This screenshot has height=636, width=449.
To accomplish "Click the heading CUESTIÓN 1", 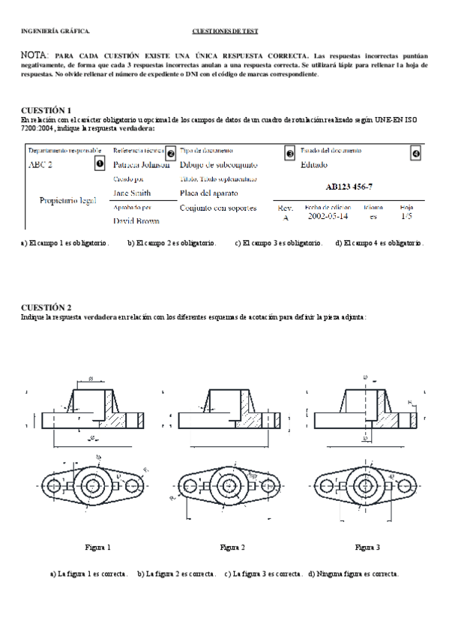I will point(46,109).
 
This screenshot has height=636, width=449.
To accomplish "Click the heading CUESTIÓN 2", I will point(46,307).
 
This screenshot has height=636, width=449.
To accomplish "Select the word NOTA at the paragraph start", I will point(34,55).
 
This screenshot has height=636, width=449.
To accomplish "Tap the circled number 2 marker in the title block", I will point(171,153).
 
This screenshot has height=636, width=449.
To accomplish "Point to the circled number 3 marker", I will point(290,153).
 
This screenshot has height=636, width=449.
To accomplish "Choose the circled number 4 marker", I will point(416,153).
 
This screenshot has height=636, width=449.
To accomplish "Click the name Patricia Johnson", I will point(141,165).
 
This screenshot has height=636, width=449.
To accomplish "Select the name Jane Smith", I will point(133,193).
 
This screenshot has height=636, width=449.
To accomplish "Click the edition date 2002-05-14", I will point(328,216).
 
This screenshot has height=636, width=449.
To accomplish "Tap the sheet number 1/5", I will point(406,216).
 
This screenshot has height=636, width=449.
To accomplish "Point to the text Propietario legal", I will point(67,201).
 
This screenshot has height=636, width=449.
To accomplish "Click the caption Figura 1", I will point(98,547).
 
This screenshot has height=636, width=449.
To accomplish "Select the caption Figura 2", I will point(232,547).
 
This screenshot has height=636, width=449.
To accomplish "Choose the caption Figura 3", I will point(367,547).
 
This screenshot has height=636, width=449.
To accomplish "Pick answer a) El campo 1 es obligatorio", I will point(65,243).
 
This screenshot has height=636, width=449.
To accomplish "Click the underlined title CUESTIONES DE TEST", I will point(226,31).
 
